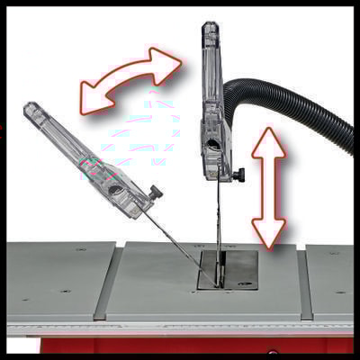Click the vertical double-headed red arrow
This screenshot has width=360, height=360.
pyautogui.click(x=267, y=186)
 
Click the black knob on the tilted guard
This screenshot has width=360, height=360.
pyautogui.click(x=156, y=193)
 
